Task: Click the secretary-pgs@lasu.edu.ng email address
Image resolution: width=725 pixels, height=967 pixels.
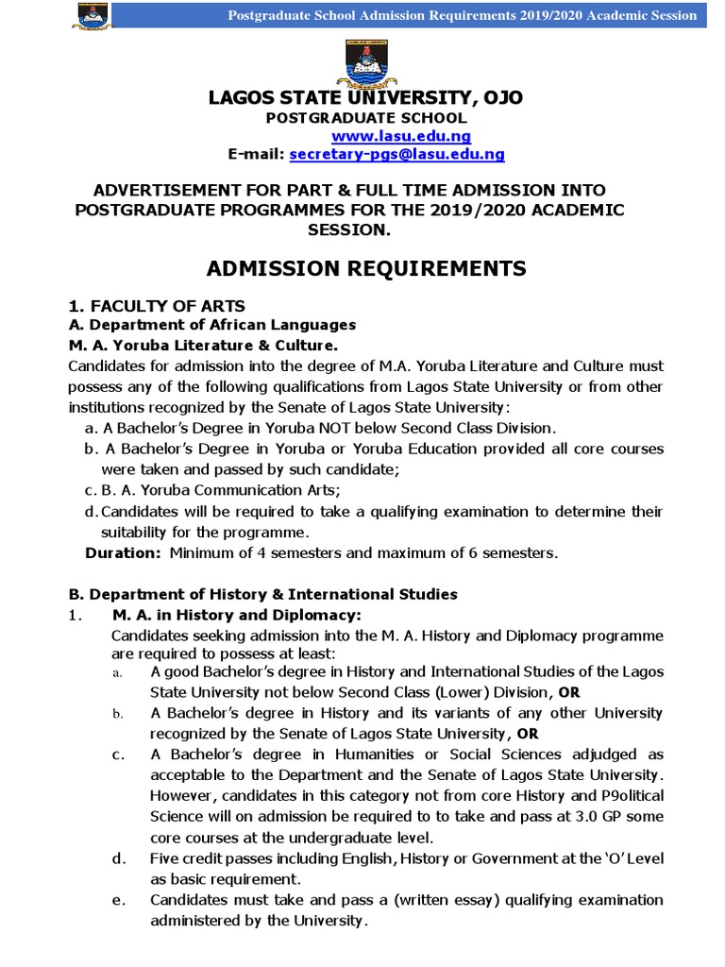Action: tap(397, 154)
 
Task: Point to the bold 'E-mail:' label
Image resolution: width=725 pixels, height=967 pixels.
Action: tap(256, 154)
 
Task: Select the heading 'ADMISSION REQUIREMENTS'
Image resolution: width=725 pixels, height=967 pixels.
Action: tap(366, 269)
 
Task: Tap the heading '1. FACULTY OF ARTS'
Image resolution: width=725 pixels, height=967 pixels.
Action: tap(157, 305)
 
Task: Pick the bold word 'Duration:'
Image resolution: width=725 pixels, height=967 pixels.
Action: tap(124, 552)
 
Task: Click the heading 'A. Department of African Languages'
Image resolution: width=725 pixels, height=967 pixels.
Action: tap(212, 325)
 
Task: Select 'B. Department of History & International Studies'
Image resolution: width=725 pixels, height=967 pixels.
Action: tap(262, 594)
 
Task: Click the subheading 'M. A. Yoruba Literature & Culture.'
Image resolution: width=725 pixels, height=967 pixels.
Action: tap(203, 345)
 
